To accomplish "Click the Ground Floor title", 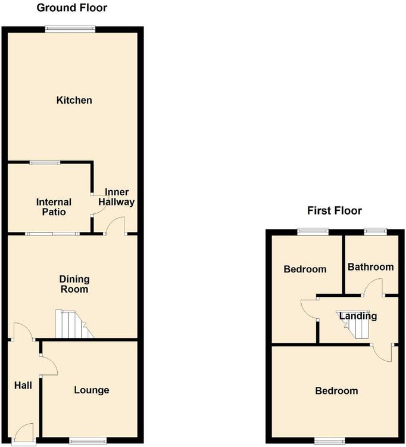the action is (x=72, y=8).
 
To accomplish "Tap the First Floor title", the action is (x=335, y=210).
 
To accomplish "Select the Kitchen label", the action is (x=74, y=100).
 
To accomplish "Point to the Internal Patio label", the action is (x=54, y=207).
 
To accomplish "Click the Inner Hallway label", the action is (x=117, y=197).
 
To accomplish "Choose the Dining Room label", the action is (x=74, y=284).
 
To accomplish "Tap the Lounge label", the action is (x=92, y=390).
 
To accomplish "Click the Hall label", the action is (x=23, y=386).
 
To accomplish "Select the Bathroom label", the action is (x=371, y=267).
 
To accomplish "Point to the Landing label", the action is (x=358, y=316).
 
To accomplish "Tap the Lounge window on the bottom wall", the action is (x=88, y=441).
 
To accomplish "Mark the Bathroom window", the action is (x=376, y=232).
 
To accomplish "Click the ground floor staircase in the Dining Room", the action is (x=74, y=324).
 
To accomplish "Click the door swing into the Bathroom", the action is (x=373, y=287).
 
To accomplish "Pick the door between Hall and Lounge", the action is (x=49, y=365).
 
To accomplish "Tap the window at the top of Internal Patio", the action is (x=45, y=163).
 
